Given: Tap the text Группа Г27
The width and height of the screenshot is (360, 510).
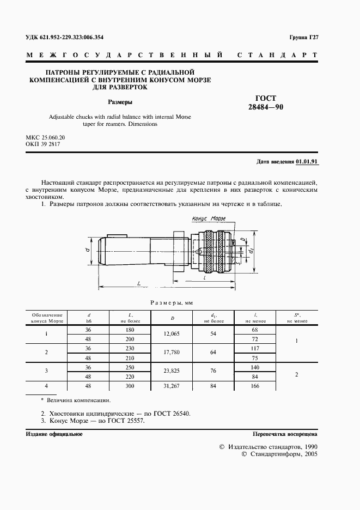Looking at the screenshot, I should click(x=303, y=37).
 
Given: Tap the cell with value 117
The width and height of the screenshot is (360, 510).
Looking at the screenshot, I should click(x=255, y=349).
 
